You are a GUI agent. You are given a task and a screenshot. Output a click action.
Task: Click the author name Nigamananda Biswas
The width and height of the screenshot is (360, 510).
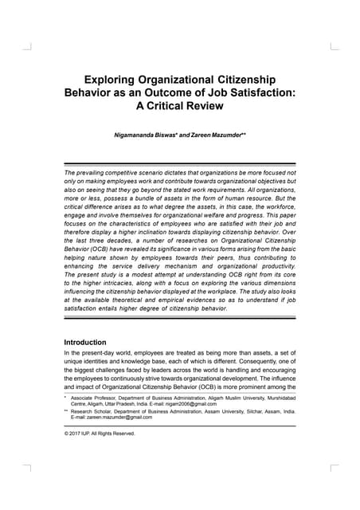pos(148,137)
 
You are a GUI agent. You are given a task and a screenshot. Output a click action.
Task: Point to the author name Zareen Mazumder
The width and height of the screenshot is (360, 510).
pos(214,137)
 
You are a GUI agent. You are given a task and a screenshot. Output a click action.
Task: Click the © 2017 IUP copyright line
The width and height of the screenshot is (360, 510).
pos(99,434)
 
